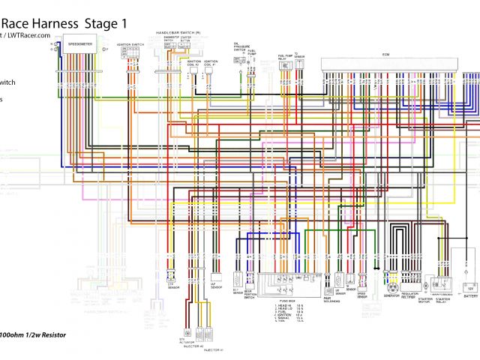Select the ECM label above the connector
click(386, 54)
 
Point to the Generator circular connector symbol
click(391, 286)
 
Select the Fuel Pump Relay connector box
click(286, 66)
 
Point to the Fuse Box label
click(287, 299)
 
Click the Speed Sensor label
click(362, 295)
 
